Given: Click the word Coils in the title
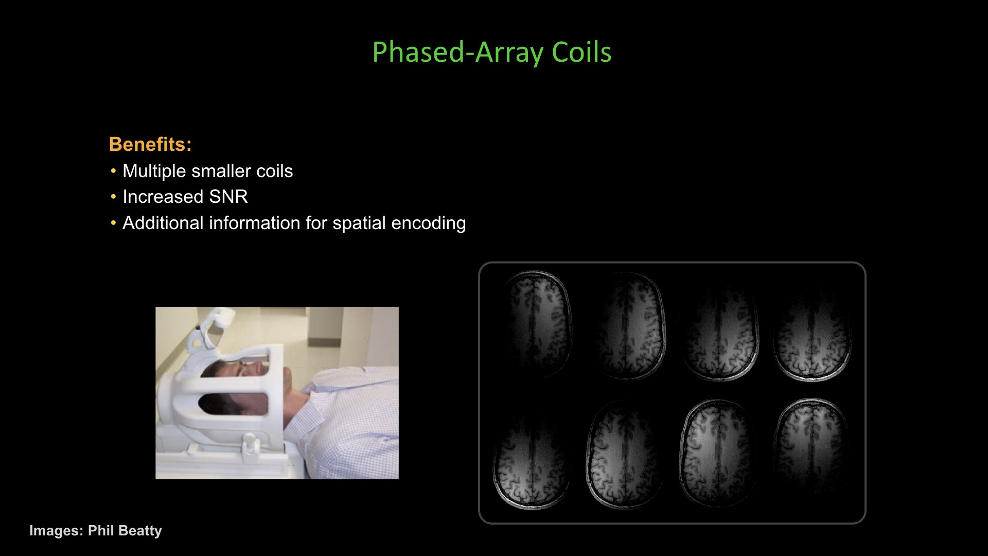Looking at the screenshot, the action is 581,53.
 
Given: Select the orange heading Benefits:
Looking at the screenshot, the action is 150,144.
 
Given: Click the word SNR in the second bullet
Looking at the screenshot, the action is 228,197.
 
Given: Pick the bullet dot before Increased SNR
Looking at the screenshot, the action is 114,197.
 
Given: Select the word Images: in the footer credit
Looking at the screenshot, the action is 56,531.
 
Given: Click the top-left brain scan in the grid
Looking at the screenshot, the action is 536,324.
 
